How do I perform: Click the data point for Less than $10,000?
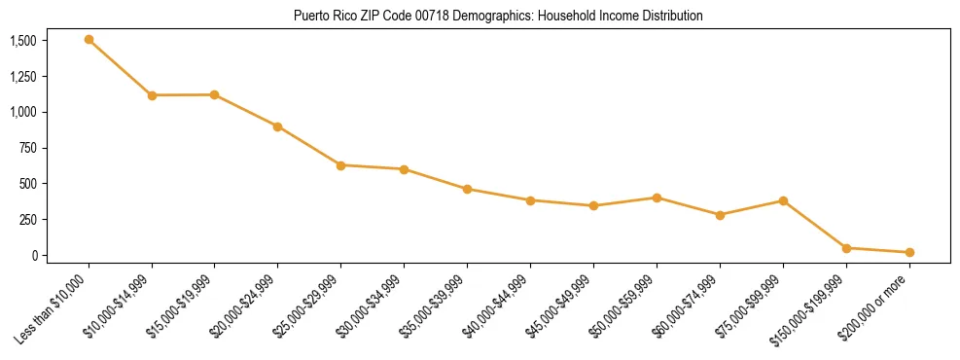(x=89, y=40)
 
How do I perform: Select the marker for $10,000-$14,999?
(x=152, y=95)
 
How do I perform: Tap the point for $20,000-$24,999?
(x=277, y=126)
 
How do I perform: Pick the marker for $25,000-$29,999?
(x=340, y=165)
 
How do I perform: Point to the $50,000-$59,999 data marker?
(x=657, y=198)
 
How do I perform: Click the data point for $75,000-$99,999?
(x=783, y=200)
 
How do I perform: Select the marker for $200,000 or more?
(x=909, y=252)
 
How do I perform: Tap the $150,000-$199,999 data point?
(x=846, y=248)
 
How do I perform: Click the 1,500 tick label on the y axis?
(x=23, y=41)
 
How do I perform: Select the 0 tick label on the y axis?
(x=34, y=255)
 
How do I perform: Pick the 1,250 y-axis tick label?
(x=23, y=77)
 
